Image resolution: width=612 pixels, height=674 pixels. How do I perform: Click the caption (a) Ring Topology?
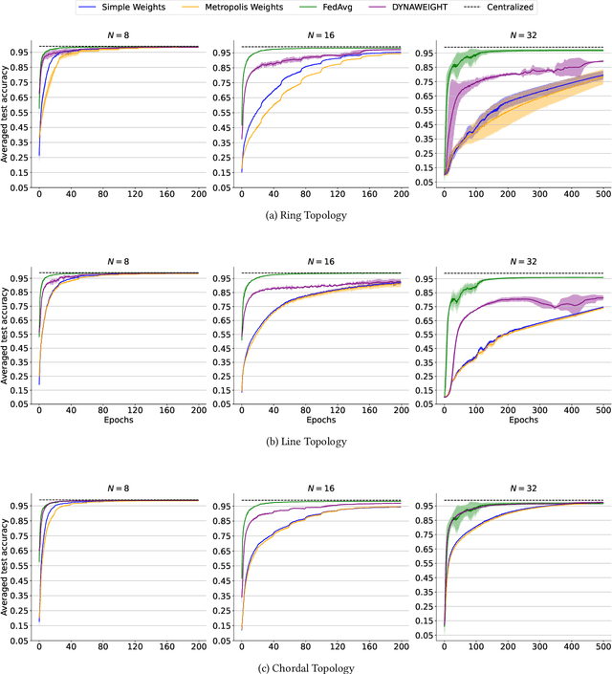click(x=306, y=215)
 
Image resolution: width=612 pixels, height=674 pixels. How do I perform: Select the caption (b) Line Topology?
click(x=306, y=442)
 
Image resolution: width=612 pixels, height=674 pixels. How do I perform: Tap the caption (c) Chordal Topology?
click(x=306, y=666)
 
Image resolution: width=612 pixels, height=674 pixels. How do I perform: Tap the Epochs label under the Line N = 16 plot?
click(x=320, y=419)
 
